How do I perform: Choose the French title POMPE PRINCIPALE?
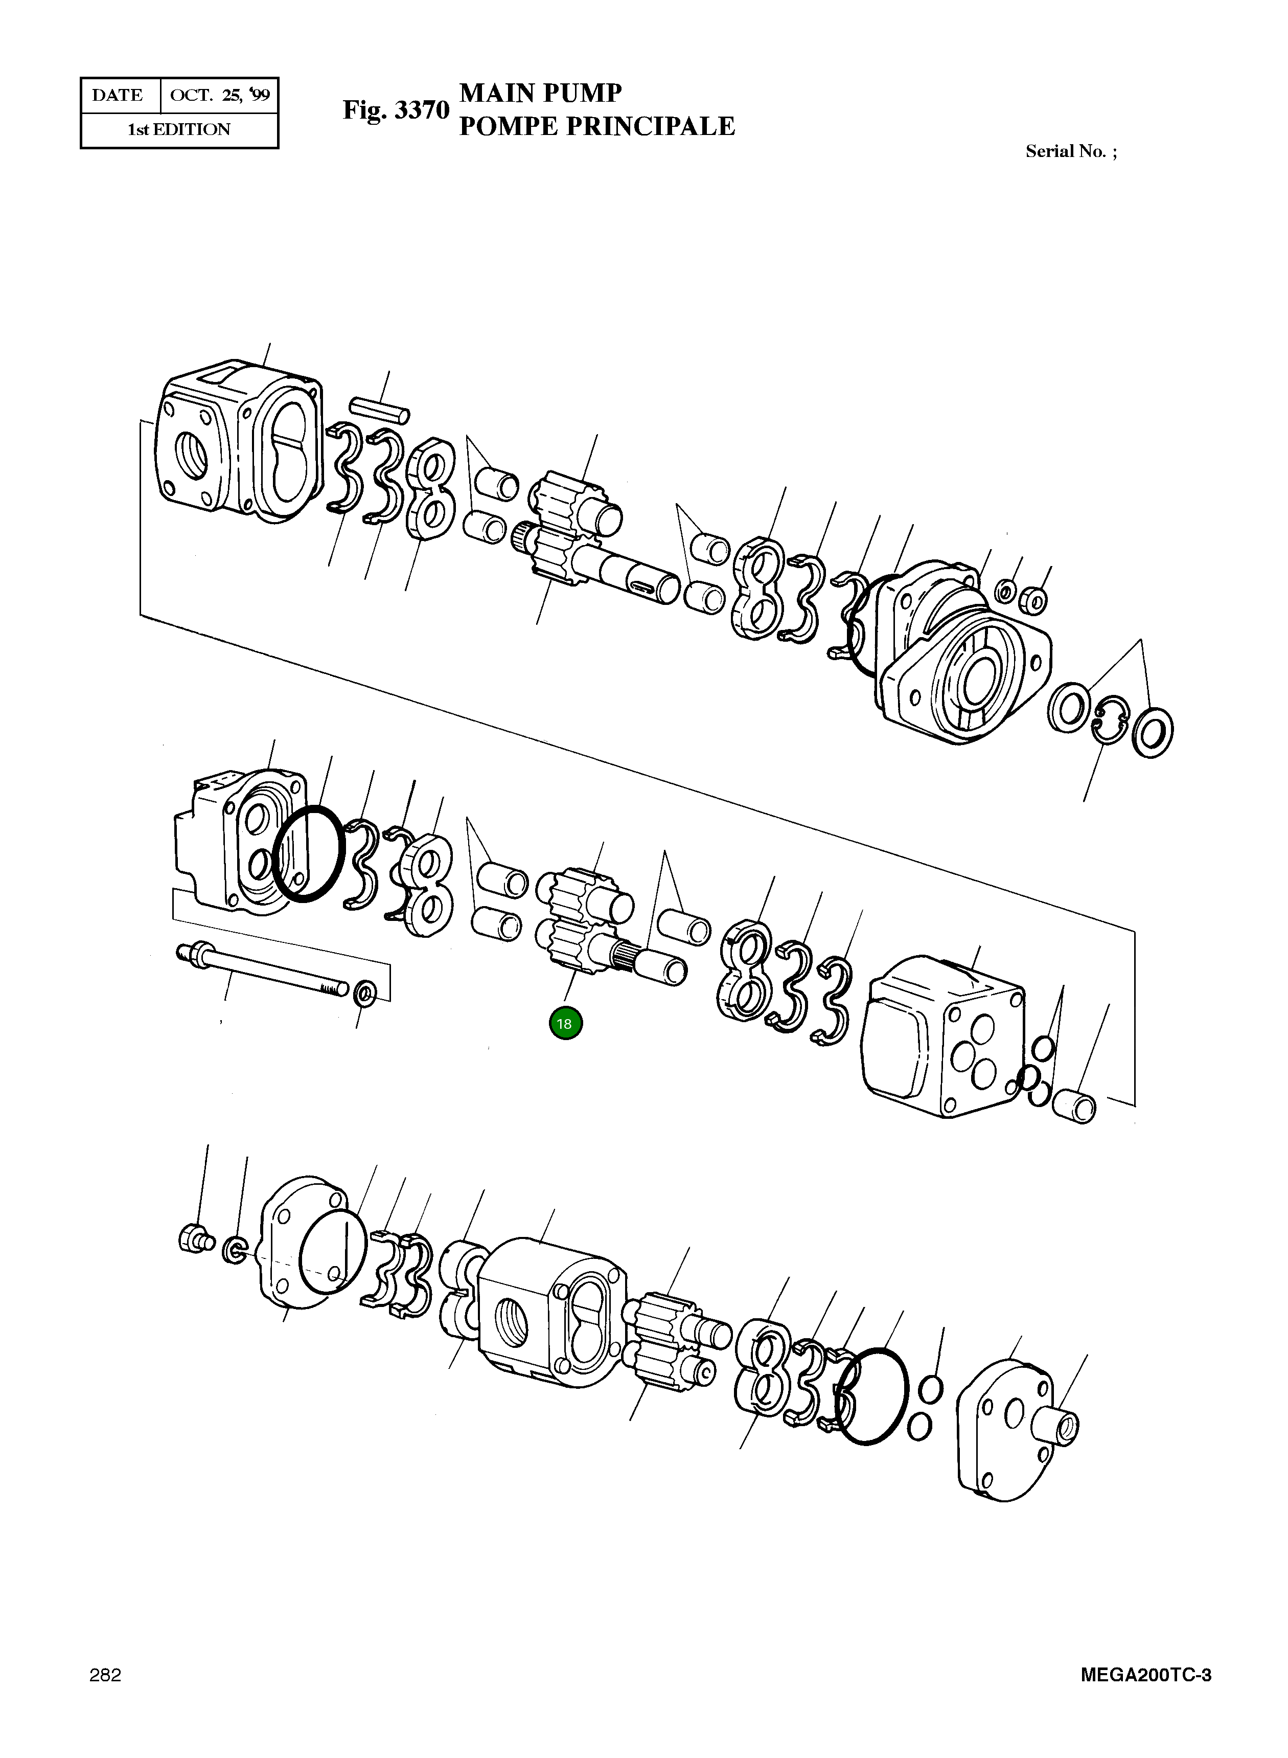pyautogui.click(x=596, y=126)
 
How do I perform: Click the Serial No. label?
pyautogui.click(x=1070, y=152)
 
